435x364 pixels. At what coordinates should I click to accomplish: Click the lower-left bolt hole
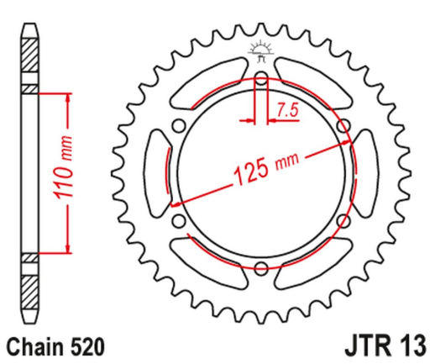[x=178, y=222]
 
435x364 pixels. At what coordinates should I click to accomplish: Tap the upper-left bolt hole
[x=178, y=126]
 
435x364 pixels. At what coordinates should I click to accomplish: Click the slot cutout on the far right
[x=367, y=174]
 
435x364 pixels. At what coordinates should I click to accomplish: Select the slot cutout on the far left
[x=155, y=174]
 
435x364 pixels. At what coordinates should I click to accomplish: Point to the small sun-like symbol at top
[x=259, y=50]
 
